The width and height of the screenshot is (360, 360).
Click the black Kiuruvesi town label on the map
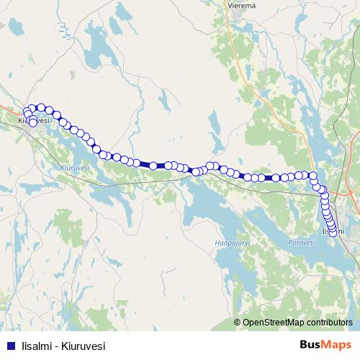(32, 120)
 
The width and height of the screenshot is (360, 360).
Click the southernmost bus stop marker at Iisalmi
(333, 231)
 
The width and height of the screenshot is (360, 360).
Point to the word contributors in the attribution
(329, 323)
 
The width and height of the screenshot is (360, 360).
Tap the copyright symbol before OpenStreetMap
(238, 323)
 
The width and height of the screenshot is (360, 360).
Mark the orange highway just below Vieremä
(232, 29)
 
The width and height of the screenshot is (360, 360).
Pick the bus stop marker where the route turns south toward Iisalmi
(312, 175)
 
